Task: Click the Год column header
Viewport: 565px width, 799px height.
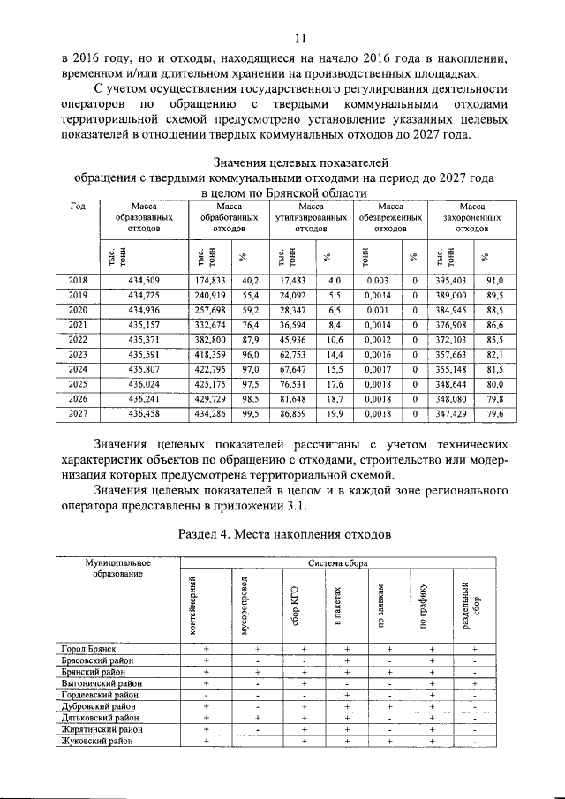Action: click(78, 207)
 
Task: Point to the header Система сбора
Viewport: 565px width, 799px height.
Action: click(332, 562)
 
